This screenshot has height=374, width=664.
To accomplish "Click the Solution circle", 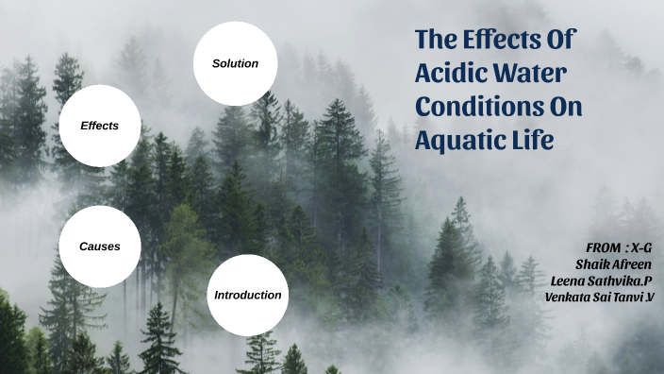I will tap(235, 63).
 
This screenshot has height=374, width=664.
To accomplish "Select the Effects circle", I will tap(100, 125).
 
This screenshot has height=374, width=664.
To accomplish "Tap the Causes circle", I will tap(100, 246).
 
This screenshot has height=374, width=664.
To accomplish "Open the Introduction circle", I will tap(247, 295).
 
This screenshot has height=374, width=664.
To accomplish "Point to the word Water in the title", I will tap(533, 75).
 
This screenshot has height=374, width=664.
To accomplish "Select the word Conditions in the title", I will tap(480, 107).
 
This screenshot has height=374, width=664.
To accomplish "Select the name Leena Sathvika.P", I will tap(601, 280).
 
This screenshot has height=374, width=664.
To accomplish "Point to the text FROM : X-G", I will tap(619, 246).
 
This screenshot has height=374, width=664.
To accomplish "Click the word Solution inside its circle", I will tap(235, 63).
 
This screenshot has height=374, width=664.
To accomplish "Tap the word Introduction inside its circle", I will tap(247, 295).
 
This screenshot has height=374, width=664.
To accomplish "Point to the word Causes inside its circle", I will tap(100, 246).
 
